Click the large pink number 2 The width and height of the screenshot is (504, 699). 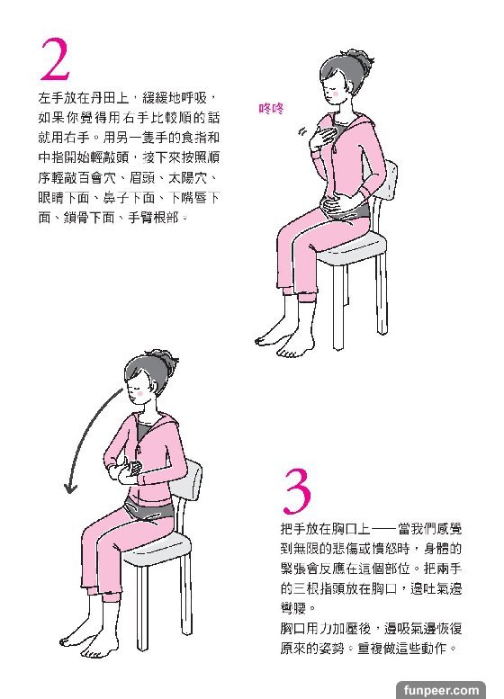tap(55, 59)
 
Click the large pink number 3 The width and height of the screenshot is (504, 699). tap(297, 490)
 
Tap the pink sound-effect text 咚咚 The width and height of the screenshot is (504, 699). tap(271, 108)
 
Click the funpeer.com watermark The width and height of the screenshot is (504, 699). tap(441, 690)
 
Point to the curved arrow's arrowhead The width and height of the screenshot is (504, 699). tap(70, 488)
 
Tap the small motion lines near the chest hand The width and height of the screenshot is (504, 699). tap(302, 131)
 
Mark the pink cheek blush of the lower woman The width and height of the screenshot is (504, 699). tap(141, 394)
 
